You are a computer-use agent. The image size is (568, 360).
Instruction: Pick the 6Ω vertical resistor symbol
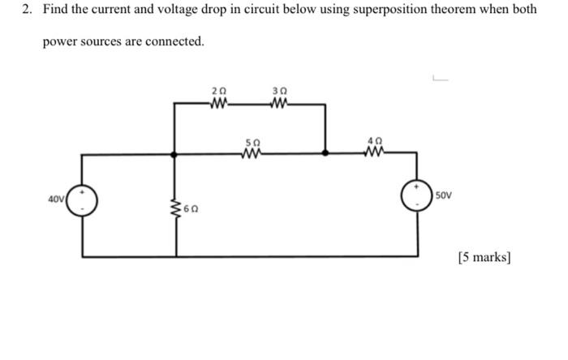coord(175,208)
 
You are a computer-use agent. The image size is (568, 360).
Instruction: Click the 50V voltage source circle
coord(418,196)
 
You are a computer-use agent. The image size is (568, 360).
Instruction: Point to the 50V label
coord(444,196)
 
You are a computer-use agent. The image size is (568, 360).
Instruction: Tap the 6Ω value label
coord(191,209)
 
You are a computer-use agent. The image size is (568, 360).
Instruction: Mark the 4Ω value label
coord(374,142)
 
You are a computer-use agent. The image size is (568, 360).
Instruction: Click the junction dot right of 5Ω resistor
coord(325,152)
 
